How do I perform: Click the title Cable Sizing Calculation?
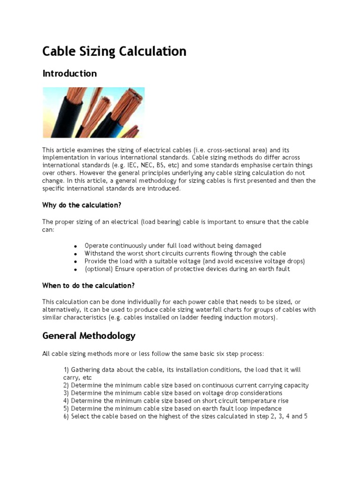click(x=114, y=51)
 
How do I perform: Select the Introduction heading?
click(x=69, y=74)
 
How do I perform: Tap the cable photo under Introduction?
click(x=94, y=112)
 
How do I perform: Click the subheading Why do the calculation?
click(x=82, y=205)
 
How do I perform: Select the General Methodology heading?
click(x=89, y=336)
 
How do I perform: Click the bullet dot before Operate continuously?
click(x=75, y=246)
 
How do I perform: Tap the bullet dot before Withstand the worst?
click(x=75, y=254)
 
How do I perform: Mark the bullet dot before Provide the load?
click(x=75, y=262)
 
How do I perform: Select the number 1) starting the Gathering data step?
click(x=66, y=370)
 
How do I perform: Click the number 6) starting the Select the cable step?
click(x=66, y=416)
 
